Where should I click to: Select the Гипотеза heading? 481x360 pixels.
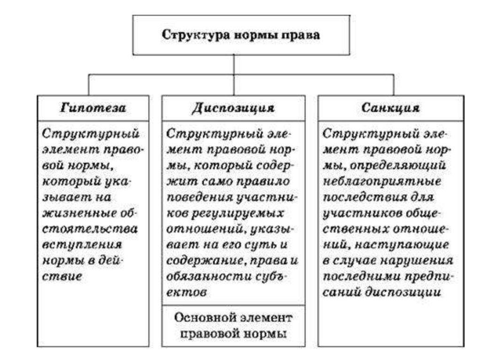93,107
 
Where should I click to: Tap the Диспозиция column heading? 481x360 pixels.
233,107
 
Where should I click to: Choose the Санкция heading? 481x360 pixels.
391,107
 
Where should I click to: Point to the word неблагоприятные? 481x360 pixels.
380,181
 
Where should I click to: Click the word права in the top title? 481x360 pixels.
303,35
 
